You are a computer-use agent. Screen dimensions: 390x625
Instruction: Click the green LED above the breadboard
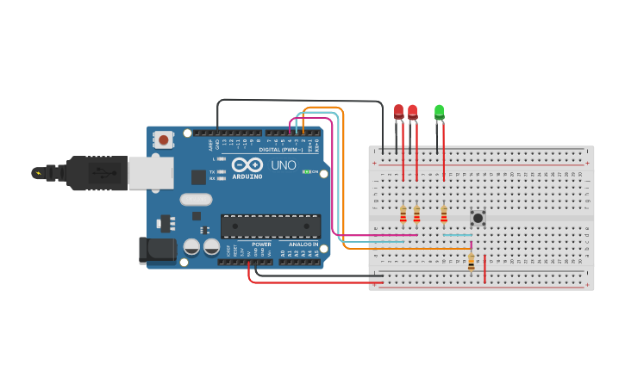[x=440, y=112]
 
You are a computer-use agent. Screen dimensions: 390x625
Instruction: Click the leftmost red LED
[x=398, y=112]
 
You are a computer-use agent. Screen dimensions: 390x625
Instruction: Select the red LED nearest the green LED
[x=413, y=112]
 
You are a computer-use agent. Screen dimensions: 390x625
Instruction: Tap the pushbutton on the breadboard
[x=478, y=218]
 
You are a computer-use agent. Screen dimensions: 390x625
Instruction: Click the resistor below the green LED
[x=444, y=214]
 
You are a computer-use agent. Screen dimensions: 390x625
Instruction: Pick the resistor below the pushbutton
[x=471, y=262]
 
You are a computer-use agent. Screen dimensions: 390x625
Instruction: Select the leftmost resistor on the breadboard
[x=403, y=214]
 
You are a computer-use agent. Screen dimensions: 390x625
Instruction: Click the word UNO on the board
[x=284, y=165]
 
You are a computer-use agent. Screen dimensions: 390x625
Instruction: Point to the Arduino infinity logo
[x=247, y=165]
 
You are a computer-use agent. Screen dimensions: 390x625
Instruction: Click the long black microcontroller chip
[x=271, y=226]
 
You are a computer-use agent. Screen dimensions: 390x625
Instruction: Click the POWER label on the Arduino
[x=261, y=245]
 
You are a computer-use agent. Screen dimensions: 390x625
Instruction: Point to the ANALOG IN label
[x=303, y=245]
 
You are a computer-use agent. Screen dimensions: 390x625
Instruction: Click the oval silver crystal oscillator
[x=196, y=200]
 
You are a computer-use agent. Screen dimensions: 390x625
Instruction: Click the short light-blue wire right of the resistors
[x=457, y=234]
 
